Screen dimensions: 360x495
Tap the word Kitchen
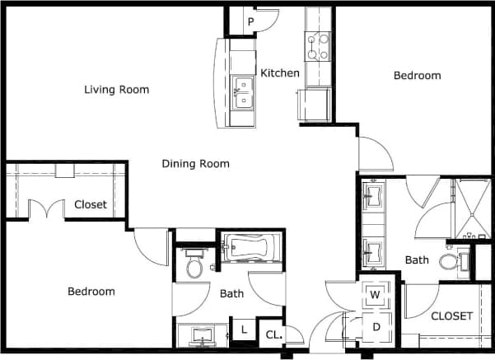click(x=280, y=73)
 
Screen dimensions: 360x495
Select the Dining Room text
click(x=195, y=163)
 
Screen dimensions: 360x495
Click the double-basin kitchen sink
click(x=242, y=92)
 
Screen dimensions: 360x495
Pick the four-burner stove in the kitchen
click(x=318, y=46)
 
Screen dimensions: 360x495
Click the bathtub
click(x=252, y=247)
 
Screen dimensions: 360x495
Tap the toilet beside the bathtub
click(x=194, y=266)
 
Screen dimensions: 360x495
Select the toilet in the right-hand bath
click(x=451, y=261)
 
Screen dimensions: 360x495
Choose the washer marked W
click(x=375, y=294)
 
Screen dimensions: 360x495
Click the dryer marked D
click(x=375, y=325)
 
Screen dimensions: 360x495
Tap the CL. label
click(x=272, y=334)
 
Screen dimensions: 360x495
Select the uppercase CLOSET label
click(x=451, y=316)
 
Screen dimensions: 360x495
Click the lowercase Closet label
click(x=91, y=204)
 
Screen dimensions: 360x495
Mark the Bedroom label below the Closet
click(x=91, y=292)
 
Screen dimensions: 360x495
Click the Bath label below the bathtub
click(x=231, y=292)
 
